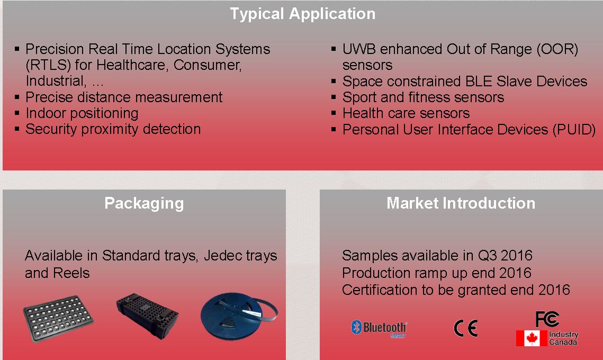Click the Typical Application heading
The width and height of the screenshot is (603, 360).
point(303,14)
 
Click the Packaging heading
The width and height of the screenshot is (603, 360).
point(144,203)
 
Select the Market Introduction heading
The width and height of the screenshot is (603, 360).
point(461,203)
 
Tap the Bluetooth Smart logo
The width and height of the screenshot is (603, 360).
point(379,328)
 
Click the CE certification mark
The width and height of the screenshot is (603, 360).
point(466,328)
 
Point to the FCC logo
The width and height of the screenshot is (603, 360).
point(547,319)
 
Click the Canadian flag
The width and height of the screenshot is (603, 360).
point(532,338)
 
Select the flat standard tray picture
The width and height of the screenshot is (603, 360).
point(58,318)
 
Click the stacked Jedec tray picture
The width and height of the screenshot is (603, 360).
point(147,316)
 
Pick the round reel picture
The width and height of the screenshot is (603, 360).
point(238,316)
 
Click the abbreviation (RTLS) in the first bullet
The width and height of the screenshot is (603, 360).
point(49,65)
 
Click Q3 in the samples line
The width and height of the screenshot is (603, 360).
point(488,255)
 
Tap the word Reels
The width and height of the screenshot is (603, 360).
point(71,273)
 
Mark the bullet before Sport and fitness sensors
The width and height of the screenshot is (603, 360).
point(334,97)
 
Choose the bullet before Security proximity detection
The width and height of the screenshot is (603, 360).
point(17,129)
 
